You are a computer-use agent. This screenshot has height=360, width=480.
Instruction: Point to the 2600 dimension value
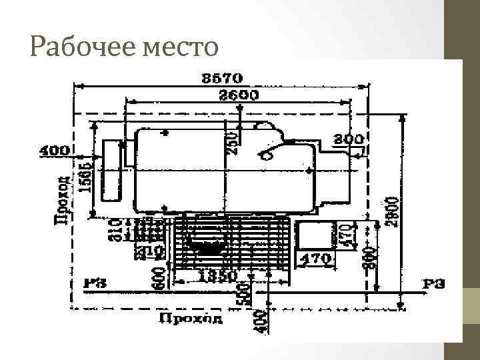238,95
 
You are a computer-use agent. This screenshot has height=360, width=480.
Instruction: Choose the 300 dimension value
349,139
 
